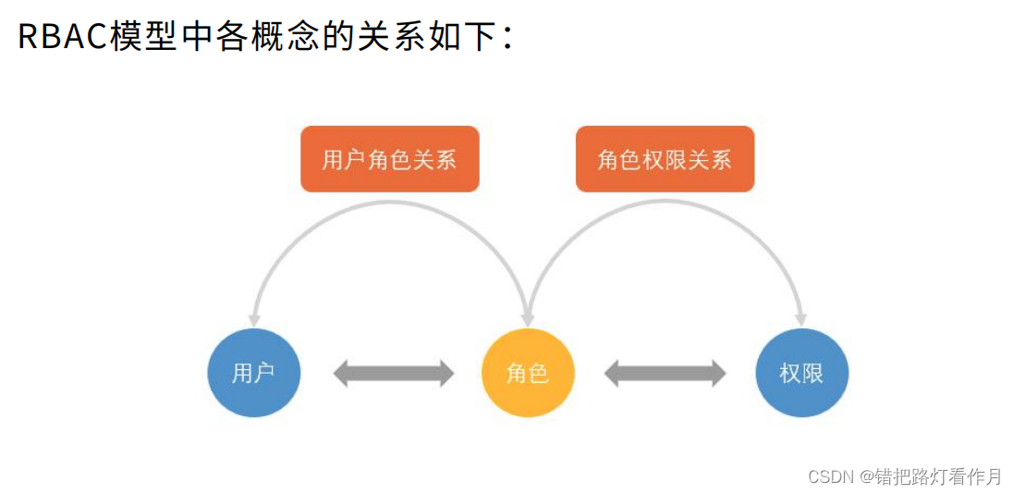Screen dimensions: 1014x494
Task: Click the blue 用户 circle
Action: [x=253, y=374]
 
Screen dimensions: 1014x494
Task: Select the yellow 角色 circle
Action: [x=528, y=374]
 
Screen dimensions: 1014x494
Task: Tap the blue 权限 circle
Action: [x=802, y=374]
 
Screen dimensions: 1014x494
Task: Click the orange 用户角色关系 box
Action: [x=390, y=159]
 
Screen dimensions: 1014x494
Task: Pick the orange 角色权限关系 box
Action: [x=665, y=159]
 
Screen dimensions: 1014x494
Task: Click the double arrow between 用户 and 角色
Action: [x=394, y=374]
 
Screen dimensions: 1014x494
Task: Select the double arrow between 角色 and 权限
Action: [x=665, y=374]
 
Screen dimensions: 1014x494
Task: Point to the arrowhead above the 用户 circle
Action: [x=254, y=320]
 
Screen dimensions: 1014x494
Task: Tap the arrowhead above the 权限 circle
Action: [x=801, y=320]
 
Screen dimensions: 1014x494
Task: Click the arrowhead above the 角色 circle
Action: [x=528, y=320]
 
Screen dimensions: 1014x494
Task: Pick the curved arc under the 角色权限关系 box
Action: [x=665, y=202]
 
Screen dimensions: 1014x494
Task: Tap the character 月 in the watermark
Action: [x=993, y=477]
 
